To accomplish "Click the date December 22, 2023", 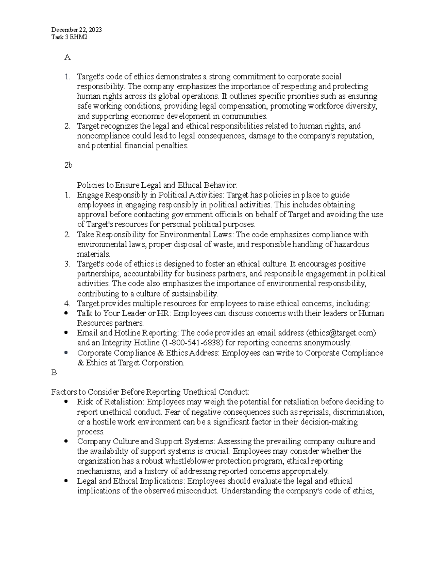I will pos(76,30).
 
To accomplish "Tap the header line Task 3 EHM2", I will pos(69,37).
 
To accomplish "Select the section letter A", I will pos(67,57).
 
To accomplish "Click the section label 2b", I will pos(68,165).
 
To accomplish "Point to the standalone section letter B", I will pos(54,372).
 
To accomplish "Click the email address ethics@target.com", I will pos(341,333).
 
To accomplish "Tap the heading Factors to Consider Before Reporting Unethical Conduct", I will pos(150,392).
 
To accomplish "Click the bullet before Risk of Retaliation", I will pos(66,402).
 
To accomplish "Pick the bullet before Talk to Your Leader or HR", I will pos(66,313).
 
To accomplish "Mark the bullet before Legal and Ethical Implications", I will pos(66,481).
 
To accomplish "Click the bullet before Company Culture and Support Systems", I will pos(66,441).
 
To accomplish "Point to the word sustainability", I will pos(195,294).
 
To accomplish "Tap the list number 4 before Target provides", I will pos(67,303).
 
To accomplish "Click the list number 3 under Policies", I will pos(67,264).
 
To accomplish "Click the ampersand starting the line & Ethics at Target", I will pos(80,363).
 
